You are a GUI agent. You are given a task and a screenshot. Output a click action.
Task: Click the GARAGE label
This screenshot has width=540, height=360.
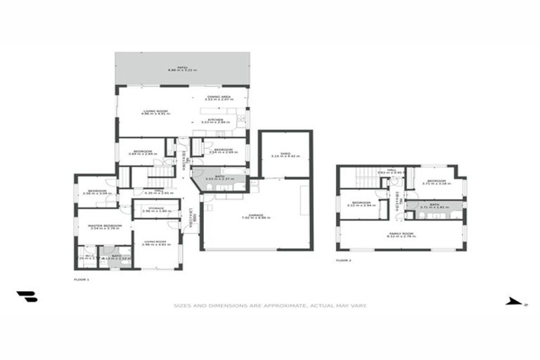click(x=255, y=217)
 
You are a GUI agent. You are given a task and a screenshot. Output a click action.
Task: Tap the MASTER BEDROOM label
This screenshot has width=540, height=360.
click(x=105, y=226)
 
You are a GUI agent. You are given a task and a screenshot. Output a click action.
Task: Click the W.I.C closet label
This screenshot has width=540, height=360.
click(x=85, y=257)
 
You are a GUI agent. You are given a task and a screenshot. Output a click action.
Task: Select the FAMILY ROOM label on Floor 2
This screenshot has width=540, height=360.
click(x=401, y=234)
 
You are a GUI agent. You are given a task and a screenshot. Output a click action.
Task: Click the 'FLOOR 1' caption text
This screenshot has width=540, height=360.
click(x=82, y=279)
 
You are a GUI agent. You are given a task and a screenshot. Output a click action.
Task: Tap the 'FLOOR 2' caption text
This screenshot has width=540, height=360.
click(x=343, y=260)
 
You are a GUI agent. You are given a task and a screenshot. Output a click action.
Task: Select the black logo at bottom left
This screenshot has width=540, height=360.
click(x=27, y=297)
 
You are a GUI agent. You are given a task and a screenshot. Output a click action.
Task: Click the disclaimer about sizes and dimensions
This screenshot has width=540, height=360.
click(x=270, y=306)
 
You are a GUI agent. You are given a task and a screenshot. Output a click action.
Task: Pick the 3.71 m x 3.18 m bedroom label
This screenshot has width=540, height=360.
click(x=436, y=183)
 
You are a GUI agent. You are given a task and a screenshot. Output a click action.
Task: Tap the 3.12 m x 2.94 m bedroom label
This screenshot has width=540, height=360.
click(x=361, y=204)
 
